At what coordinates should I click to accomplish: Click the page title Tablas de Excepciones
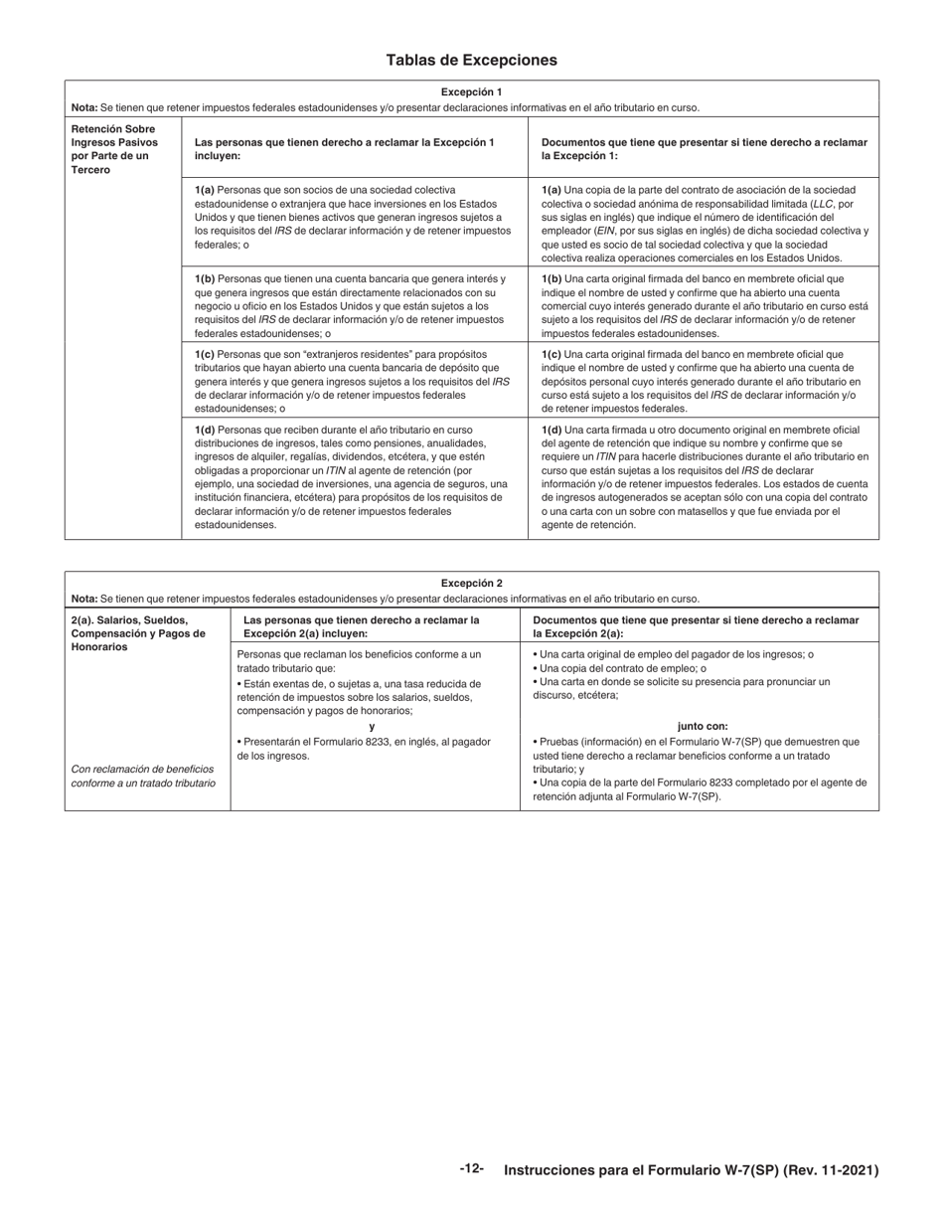472,61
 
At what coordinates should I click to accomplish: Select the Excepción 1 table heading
472,92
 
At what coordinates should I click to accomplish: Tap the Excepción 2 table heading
472,584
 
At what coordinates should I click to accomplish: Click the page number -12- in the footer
472,1169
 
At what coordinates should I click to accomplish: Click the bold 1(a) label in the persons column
205,189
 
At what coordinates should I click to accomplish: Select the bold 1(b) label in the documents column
551,279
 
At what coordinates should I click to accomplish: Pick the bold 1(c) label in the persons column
205,354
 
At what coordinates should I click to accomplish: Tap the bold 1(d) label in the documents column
551,430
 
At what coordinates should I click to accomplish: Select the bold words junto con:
703,727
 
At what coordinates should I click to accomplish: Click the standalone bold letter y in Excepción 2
373,727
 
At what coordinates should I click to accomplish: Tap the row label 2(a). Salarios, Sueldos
129,620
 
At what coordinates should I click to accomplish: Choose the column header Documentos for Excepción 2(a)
696,626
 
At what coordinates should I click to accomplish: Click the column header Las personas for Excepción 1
344,149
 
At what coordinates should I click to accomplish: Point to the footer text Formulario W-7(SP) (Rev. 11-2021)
691,1170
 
